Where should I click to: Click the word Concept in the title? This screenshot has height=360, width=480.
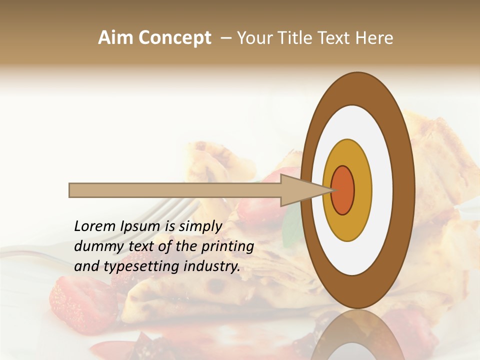click(x=174, y=38)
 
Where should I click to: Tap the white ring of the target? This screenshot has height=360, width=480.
click(x=382, y=190)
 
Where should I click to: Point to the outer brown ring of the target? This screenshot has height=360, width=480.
click(x=404, y=190)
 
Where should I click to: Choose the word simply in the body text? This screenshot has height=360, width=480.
click(x=200, y=227)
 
